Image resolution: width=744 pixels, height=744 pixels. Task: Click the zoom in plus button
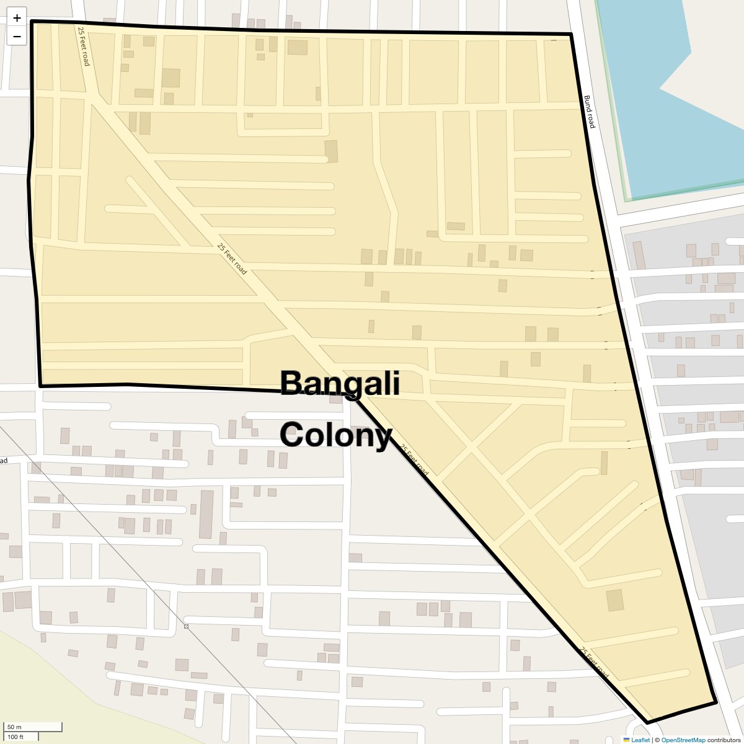point(17,17)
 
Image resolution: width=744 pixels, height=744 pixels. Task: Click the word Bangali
point(340,383)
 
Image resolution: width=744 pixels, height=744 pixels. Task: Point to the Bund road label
point(589,112)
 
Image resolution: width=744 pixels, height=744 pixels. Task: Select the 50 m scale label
point(14,727)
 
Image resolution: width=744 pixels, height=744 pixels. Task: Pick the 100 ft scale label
point(15,737)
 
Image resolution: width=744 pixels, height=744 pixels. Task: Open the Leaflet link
point(640,740)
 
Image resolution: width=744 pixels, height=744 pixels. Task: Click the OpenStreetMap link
point(683,740)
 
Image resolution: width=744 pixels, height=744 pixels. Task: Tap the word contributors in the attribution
point(724,740)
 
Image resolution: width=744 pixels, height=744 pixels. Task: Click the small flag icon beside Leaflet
point(626,740)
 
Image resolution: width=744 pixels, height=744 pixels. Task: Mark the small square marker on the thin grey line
point(186,627)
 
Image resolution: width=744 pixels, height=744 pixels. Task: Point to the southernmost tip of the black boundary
point(647,723)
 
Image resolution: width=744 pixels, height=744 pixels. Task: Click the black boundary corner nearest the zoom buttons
point(32,22)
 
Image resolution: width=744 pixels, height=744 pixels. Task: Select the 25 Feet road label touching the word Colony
point(414,460)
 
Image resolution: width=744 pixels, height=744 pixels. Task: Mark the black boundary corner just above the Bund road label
point(570,35)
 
